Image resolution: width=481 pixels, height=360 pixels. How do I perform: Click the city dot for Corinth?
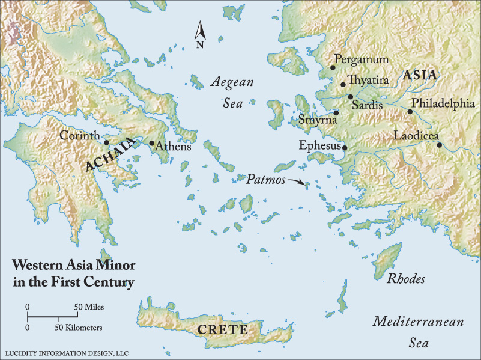pyautogui.click(x=106, y=142)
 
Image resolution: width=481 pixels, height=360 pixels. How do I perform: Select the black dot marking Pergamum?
pyautogui.click(x=333, y=68)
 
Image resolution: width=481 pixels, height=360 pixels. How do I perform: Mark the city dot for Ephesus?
pyautogui.click(x=345, y=147)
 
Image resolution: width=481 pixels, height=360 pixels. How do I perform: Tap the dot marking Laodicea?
pyautogui.click(x=440, y=145)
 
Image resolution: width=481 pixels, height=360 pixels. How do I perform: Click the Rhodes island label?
pyautogui.click(x=406, y=279)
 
